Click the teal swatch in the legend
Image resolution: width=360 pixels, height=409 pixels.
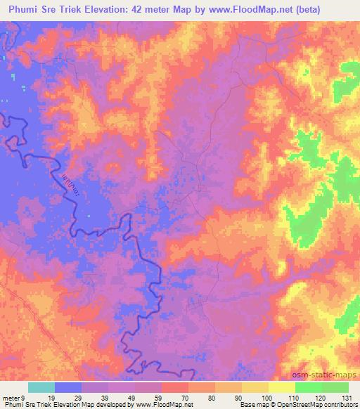click(x=41, y=387)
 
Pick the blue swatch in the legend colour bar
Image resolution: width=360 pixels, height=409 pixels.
click(x=68, y=387)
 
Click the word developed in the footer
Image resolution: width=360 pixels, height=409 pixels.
click(x=117, y=405)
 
